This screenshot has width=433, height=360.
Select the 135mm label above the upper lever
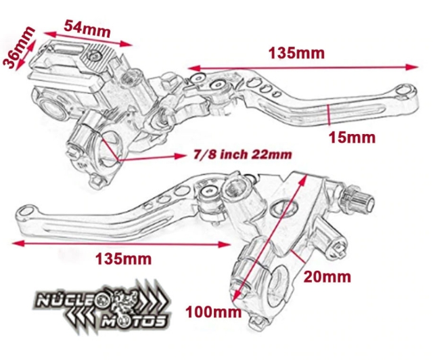pyautogui.click(x=296, y=53)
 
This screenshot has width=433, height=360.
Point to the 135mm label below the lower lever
pyautogui.click(x=123, y=258)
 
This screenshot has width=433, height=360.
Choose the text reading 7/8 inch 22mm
pyautogui.click(x=242, y=155)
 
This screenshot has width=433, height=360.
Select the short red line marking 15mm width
pyautogui.click(x=327, y=116)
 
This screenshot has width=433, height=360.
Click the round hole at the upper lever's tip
pyautogui.click(x=405, y=89)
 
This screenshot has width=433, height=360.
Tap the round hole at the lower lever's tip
pyautogui.click(x=25, y=215)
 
